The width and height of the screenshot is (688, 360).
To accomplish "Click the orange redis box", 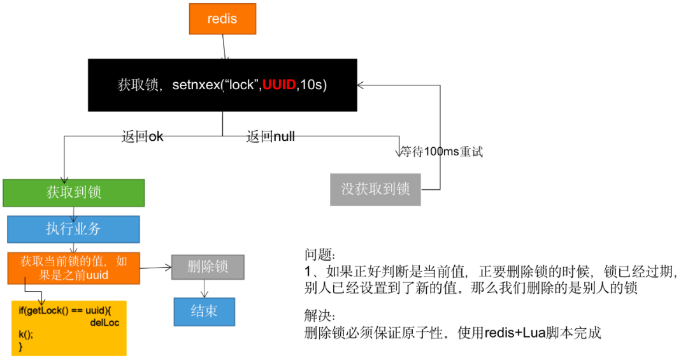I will coord(222,19).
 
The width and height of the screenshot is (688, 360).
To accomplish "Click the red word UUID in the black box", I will coord(280,85).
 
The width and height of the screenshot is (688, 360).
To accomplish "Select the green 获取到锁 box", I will coord(73,192).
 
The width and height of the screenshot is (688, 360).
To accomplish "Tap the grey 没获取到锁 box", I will coord(375,189).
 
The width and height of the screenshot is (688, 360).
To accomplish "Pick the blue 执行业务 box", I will coord(73,229).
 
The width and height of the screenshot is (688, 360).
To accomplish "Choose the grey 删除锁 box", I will coord(208,266).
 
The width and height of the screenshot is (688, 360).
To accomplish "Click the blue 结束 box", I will coord(204,312).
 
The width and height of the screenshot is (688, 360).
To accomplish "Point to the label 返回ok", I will coord(142,136).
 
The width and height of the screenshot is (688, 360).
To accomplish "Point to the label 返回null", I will coord(270,136).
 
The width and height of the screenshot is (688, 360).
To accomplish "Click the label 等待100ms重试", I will coord(441,152).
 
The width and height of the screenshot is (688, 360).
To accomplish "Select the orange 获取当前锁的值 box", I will coord(73,268).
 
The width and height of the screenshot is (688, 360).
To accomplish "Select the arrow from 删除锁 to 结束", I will coord(204,289).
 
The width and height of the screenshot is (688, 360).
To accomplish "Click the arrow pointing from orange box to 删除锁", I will coord(155,268).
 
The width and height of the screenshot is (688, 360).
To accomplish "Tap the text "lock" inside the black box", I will coord(240,85).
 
